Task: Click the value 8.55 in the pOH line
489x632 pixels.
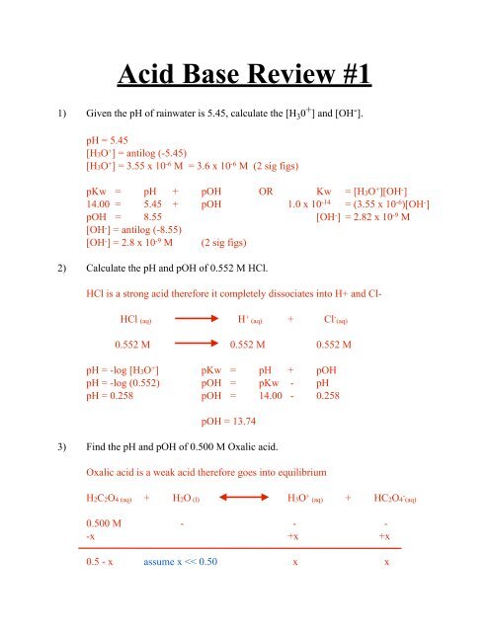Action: pos(153,224)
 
